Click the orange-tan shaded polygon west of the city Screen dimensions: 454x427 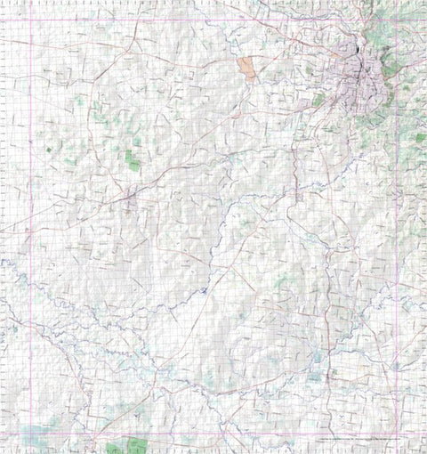point(246,69)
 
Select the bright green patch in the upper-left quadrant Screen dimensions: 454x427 point(132,161)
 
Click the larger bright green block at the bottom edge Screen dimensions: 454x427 point(136,445)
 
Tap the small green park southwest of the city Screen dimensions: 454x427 point(318,101)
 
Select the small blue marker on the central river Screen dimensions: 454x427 point(203,290)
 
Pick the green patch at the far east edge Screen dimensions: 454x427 point(420,138)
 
